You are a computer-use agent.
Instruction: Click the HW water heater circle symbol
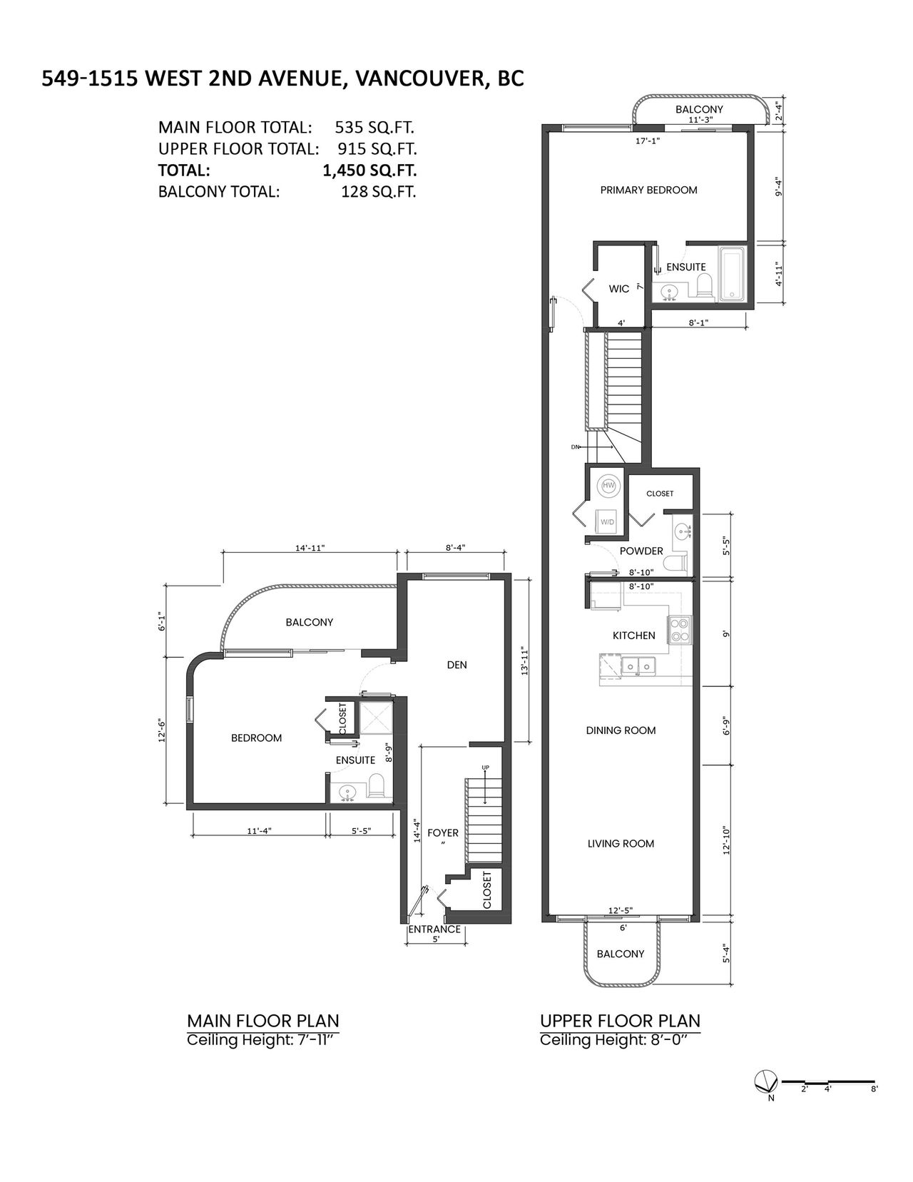coord(608,485)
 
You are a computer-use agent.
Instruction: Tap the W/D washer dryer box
coord(607,521)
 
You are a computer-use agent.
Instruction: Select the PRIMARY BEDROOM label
coord(648,190)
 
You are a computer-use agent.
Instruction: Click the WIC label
coord(618,288)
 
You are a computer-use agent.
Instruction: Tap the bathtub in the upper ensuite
coord(733,274)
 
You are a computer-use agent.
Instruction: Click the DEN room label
coord(456,665)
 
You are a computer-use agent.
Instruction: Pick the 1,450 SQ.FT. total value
coord(369,170)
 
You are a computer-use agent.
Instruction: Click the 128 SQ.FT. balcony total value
coord(379,192)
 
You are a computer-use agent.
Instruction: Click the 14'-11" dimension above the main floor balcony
coord(310,548)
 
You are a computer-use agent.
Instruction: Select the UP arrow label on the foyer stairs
coord(486,768)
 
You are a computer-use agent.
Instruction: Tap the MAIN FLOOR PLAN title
coord(263,1021)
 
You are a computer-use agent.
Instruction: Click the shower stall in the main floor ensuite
coord(375,718)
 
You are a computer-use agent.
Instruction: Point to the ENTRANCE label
coord(434,929)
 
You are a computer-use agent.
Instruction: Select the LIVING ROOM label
coord(621,844)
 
